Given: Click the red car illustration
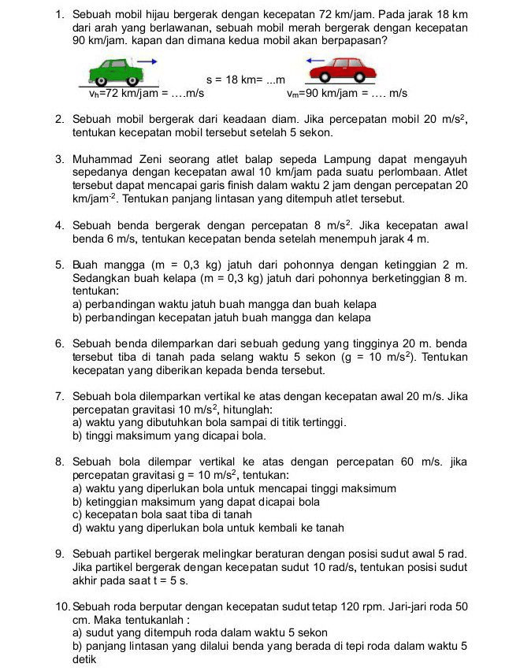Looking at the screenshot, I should (340, 71).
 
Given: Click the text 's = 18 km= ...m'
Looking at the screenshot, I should (245, 80).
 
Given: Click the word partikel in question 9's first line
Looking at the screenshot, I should (138, 554).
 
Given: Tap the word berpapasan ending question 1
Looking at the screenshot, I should (352, 39).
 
